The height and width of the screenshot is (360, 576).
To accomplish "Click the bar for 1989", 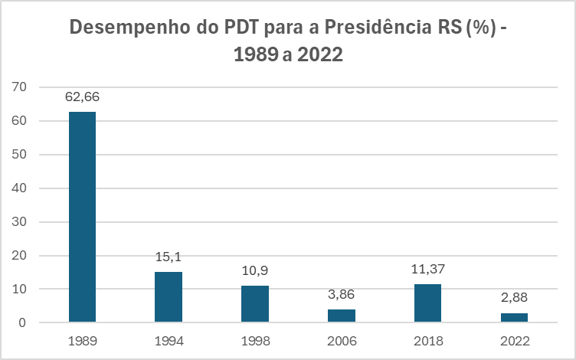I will click(82, 217).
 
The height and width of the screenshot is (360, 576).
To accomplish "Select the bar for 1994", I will click(169, 296).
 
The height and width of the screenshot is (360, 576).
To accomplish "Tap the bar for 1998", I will click(255, 303).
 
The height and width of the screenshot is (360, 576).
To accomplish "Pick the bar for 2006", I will click(342, 316).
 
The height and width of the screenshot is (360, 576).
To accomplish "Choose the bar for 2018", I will click(427, 303).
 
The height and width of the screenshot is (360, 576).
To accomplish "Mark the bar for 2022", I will click(514, 317).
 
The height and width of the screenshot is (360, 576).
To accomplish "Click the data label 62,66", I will click(82, 97).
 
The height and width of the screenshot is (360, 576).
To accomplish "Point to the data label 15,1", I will click(169, 257).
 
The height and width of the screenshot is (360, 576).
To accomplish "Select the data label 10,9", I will click(255, 271).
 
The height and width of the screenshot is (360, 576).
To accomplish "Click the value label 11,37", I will click(427, 270).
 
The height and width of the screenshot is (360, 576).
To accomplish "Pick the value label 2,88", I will click(514, 298).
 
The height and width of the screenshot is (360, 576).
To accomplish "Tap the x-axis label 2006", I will click(342, 341).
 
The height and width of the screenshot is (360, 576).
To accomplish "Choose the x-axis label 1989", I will click(82, 341).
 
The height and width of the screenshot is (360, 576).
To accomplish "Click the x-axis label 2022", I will click(514, 341).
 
